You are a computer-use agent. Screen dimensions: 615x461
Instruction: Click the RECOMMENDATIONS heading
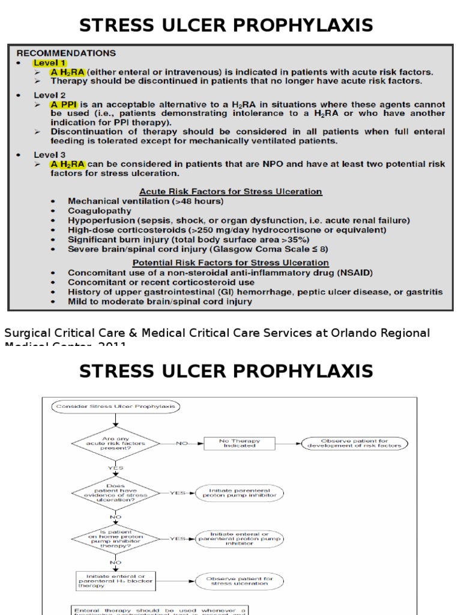[x=66, y=53]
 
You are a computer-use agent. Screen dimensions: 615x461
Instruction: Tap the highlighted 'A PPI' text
[x=67, y=105]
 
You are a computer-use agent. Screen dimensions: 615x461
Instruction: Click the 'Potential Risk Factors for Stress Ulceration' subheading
[x=230, y=262]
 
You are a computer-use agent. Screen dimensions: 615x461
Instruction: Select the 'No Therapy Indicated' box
[x=239, y=443]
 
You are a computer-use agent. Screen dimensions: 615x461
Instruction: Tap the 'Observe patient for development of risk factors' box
[x=355, y=443]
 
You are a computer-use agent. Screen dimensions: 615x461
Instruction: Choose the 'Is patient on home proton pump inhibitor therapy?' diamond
[x=115, y=538]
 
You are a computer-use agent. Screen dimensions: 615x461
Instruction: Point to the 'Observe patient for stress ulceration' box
[x=239, y=581]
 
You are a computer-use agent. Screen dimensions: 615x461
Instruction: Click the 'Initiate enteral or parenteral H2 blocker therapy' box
[x=116, y=581]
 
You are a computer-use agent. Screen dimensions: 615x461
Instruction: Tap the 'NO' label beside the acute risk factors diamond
[x=181, y=443]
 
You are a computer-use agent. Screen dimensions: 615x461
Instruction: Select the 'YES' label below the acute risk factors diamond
[x=115, y=468]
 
